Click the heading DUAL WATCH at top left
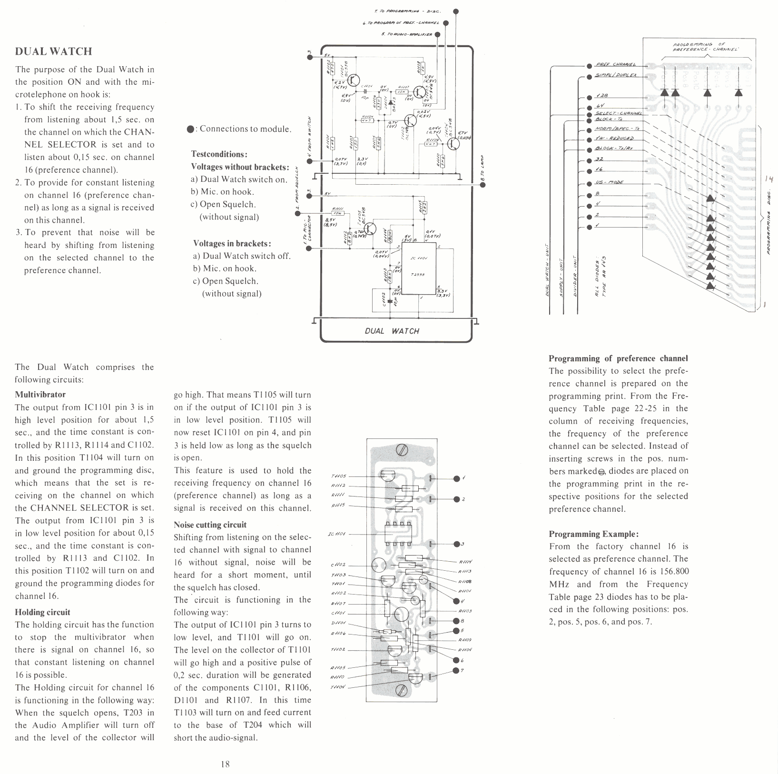(x=53, y=51)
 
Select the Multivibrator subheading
(x=40, y=394)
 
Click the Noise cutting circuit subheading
(x=210, y=525)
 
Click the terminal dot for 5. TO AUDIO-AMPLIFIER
(x=437, y=34)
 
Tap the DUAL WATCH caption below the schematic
(x=392, y=331)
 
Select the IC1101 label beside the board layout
(x=339, y=534)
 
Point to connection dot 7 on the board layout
(x=456, y=671)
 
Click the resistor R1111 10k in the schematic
(x=339, y=213)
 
